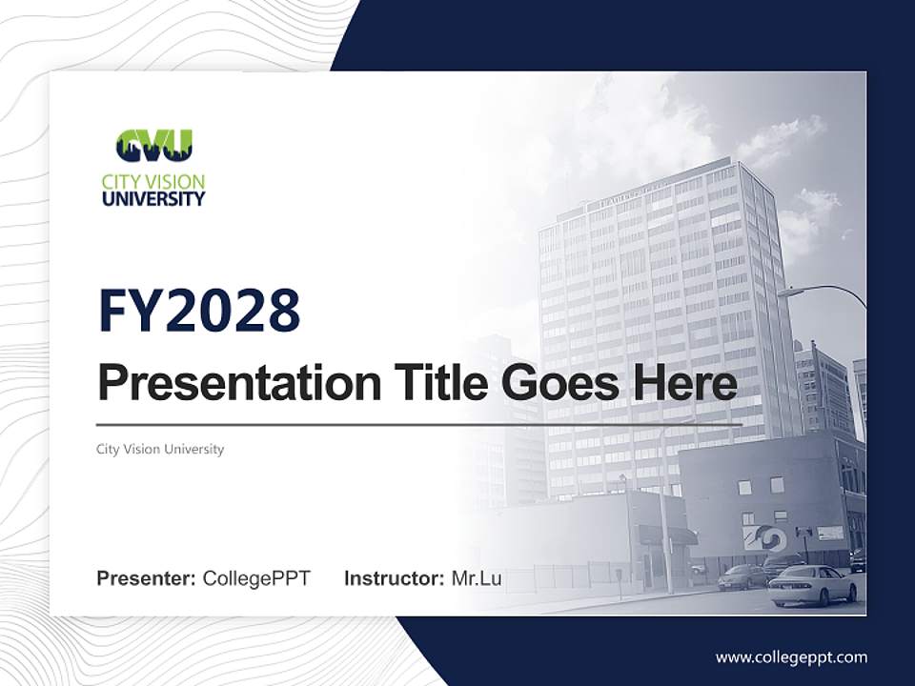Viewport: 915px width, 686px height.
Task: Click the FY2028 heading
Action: tap(199, 312)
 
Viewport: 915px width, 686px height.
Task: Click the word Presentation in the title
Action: tap(226, 384)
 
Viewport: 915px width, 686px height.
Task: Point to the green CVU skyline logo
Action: tap(153, 147)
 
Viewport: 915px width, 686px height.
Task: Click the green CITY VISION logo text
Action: tap(153, 182)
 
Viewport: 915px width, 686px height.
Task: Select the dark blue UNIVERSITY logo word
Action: tap(153, 199)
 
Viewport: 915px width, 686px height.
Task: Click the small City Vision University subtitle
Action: tap(160, 449)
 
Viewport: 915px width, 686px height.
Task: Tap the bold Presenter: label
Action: tap(147, 578)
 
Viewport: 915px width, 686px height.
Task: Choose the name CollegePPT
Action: tap(256, 578)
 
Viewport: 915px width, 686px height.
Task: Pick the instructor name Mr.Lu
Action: tap(477, 578)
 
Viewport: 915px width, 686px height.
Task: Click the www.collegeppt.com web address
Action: tap(791, 657)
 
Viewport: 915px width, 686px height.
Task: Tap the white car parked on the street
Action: tap(811, 585)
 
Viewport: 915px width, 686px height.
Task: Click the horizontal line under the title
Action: tap(419, 424)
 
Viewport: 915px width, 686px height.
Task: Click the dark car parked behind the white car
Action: tap(744, 575)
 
